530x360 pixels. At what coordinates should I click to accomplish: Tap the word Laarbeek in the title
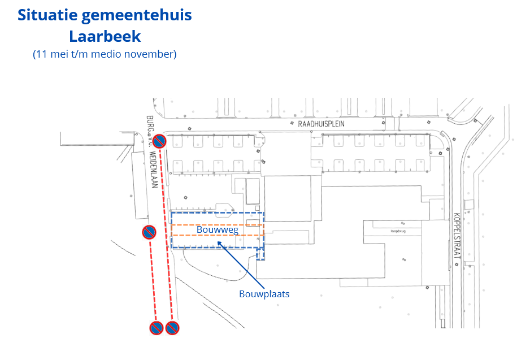click(x=105, y=37)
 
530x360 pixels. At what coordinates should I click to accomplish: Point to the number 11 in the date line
click(x=41, y=54)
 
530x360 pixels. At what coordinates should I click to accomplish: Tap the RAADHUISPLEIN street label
click(x=320, y=123)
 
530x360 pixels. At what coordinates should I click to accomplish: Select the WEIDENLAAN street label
click(x=153, y=170)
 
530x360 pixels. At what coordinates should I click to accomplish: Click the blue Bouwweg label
click(x=218, y=230)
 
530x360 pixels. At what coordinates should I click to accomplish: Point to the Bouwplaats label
click(x=264, y=294)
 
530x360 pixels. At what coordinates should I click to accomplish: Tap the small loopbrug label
click(x=398, y=231)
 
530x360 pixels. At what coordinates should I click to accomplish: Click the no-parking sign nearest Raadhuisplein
click(x=160, y=141)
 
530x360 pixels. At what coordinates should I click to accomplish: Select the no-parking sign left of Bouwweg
click(x=149, y=232)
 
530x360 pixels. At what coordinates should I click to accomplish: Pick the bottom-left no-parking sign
click(x=157, y=327)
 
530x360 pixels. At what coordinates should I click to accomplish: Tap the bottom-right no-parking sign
click(x=172, y=327)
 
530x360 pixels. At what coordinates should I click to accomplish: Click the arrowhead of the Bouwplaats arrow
click(x=219, y=244)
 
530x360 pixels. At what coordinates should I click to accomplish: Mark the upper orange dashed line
click(x=217, y=225)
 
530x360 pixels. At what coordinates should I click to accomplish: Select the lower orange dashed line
click(x=217, y=235)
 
